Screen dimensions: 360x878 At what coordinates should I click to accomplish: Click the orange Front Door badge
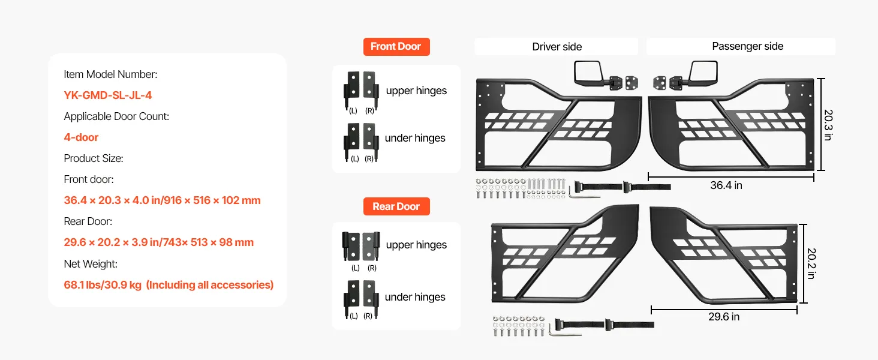pos(396,47)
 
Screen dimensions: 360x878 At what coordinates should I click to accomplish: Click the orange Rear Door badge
pos(396,206)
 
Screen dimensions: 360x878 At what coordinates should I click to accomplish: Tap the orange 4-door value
pos(81,137)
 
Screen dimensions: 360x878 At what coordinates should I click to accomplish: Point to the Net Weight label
pos(91,263)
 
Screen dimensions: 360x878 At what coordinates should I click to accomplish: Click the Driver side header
pos(557,47)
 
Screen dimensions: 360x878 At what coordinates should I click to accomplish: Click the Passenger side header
pos(747,46)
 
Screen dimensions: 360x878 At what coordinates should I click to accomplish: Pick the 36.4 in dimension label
pos(726,185)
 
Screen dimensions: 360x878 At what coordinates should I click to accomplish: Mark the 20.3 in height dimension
pos(828,125)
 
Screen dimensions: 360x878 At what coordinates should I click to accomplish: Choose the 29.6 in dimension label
pos(724,316)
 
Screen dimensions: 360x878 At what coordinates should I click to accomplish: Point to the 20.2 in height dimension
pos(811,263)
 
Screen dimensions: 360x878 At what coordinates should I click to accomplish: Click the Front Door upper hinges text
pos(416,91)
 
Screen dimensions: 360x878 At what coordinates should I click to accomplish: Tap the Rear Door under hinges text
pos(415,297)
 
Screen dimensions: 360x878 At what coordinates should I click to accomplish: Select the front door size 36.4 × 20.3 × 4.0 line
pos(162,200)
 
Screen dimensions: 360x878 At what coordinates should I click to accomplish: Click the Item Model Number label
pos(110,74)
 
